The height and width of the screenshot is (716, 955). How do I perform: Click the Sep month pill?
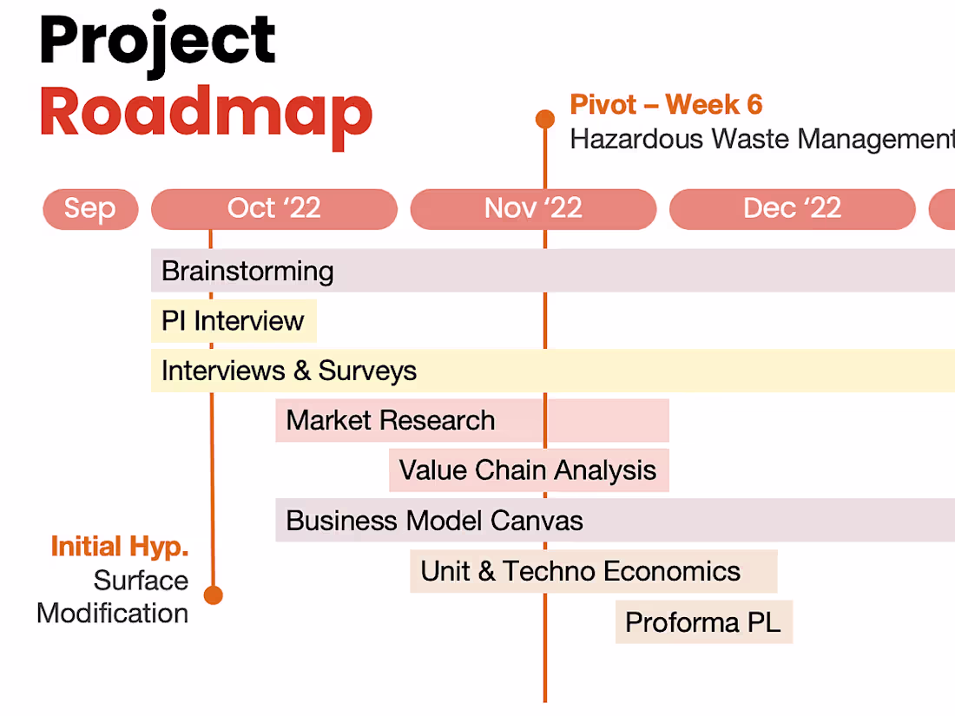point(91,209)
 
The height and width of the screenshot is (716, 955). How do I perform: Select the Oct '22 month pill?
point(274,209)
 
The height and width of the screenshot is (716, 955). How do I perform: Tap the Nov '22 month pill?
point(534,209)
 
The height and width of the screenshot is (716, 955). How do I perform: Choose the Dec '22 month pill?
point(793,209)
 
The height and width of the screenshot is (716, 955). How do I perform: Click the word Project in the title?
point(158,42)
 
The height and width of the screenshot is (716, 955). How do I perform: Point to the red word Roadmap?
point(207,115)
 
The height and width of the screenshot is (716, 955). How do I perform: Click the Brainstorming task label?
point(247,271)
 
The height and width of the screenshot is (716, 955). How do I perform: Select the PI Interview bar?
point(234,321)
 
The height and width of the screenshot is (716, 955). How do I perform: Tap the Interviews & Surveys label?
point(289,371)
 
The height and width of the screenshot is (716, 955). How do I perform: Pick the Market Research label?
point(391,420)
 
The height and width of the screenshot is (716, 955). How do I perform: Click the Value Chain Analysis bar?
point(529,470)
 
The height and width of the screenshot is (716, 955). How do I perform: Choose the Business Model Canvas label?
point(434,521)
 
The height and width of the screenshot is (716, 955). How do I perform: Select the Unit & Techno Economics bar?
point(593,571)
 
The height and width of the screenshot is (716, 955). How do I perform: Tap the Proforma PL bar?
point(703,621)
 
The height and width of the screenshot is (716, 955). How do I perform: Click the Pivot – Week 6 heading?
point(666,104)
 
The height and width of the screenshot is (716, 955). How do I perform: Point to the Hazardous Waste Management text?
point(762,139)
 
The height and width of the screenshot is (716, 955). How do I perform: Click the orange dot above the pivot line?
point(545,119)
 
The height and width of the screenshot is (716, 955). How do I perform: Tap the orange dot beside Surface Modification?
point(214,594)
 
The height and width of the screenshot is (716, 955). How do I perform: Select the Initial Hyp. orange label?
point(120,547)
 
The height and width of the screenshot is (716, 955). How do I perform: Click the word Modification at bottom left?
point(113,613)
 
